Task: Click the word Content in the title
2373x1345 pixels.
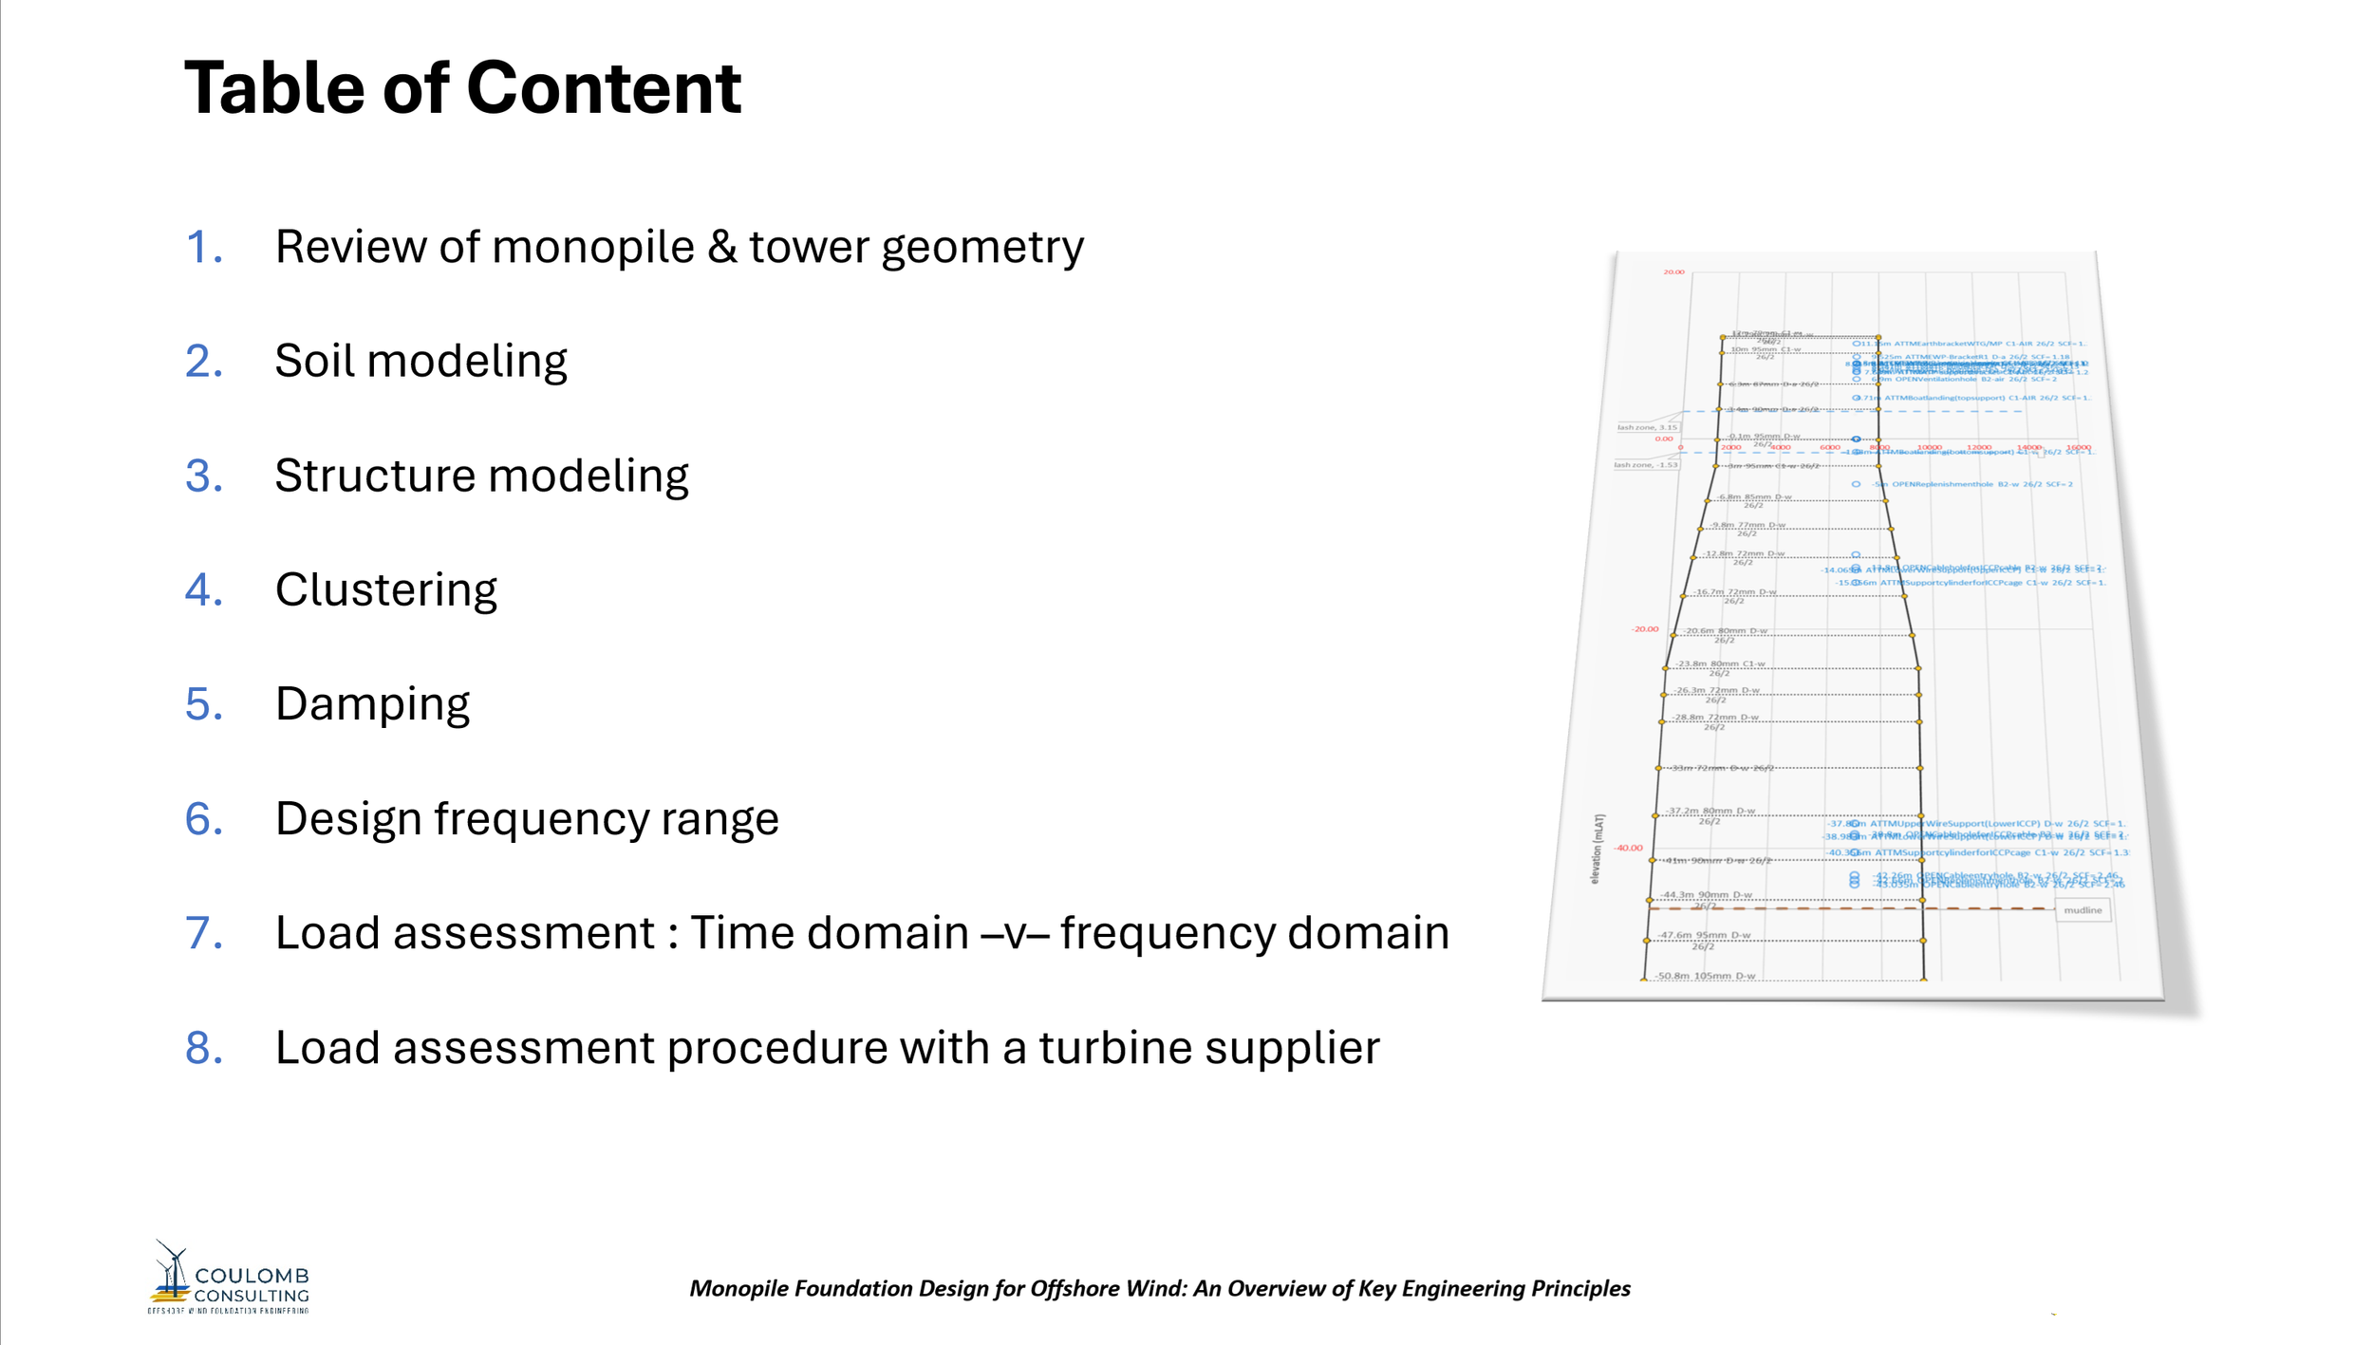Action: (604, 88)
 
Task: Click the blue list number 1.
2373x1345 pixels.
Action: (203, 247)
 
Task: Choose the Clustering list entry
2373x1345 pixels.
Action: (385, 590)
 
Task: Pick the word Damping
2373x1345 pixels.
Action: (372, 704)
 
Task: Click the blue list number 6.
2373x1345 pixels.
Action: (203, 819)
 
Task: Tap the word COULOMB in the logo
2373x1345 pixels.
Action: (252, 1276)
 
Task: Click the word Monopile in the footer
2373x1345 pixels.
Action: (738, 1288)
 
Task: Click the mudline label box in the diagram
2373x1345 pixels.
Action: (2082, 910)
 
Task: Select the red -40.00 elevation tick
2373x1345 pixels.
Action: (1628, 848)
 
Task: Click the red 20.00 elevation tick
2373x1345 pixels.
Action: (1673, 272)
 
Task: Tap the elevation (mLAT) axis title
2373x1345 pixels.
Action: (1599, 849)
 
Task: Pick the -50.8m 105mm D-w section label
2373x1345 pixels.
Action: (1705, 975)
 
